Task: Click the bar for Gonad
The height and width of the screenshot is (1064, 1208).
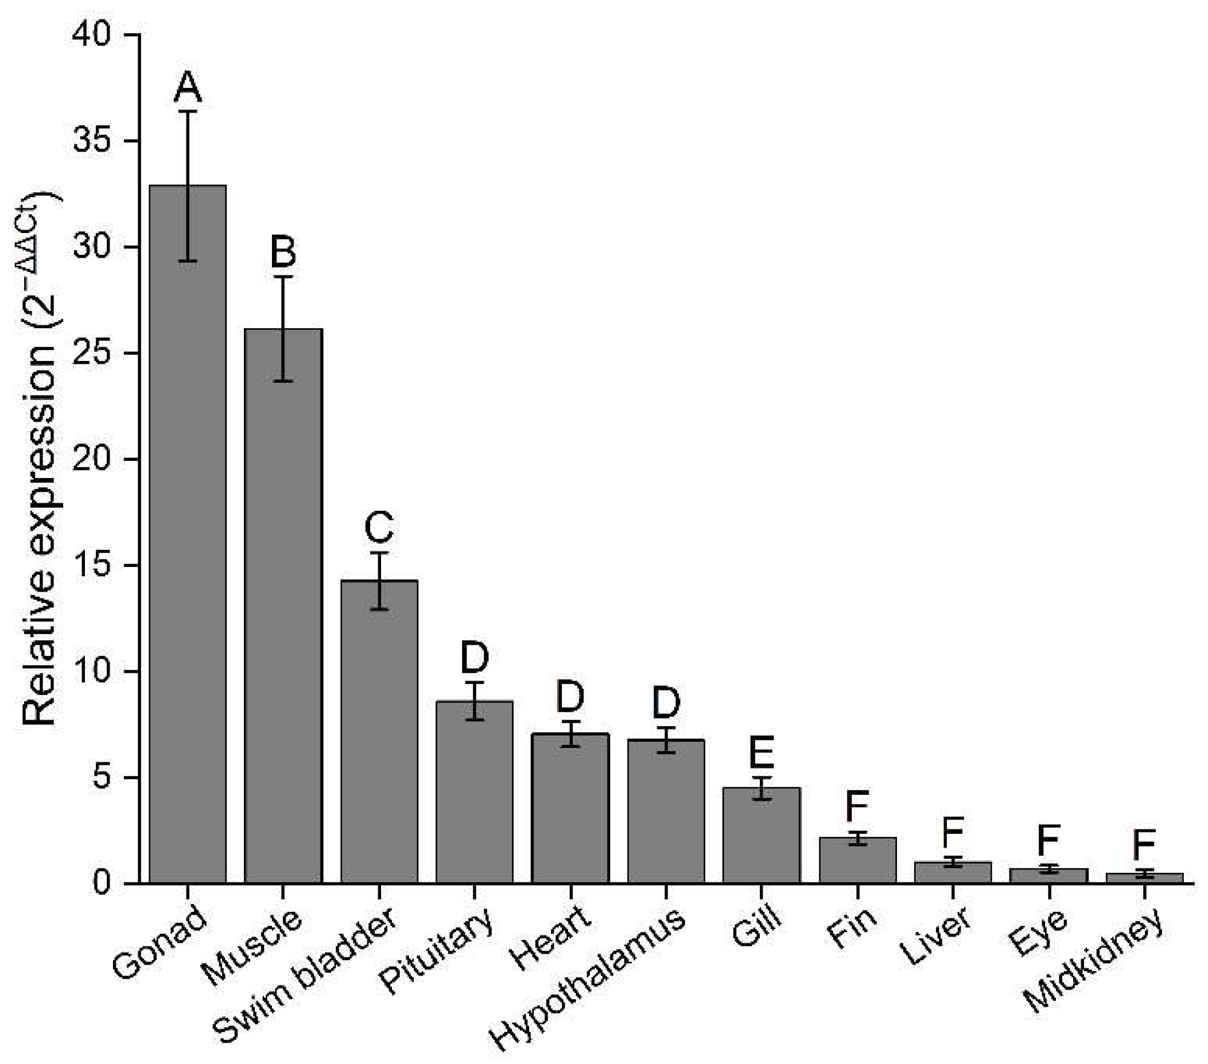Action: (187, 532)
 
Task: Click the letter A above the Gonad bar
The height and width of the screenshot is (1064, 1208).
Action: (188, 87)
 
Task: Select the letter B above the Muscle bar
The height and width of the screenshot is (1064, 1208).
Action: (283, 251)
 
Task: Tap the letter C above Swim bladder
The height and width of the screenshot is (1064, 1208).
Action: (379, 527)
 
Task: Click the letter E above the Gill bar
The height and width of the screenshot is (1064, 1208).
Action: (761, 753)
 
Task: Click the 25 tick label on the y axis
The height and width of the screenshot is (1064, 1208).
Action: (91, 354)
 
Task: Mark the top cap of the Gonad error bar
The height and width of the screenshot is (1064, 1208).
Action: (188, 111)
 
